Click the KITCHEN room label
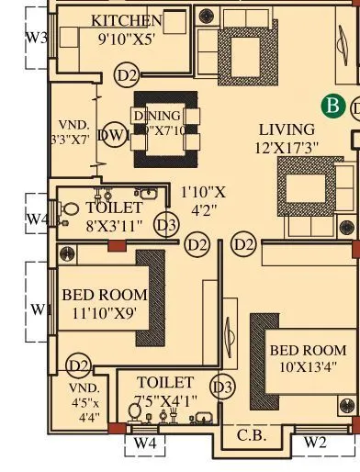coord(127,20)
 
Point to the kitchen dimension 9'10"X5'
coord(127,39)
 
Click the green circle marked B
coord(332,107)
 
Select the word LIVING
coord(287,129)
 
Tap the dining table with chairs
coord(166,129)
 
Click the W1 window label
coord(38,309)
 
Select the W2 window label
coord(315,443)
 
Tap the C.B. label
coord(252,435)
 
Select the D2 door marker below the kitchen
coord(127,75)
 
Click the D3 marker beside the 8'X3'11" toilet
coord(166,225)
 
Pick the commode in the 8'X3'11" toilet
coord(68,209)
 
